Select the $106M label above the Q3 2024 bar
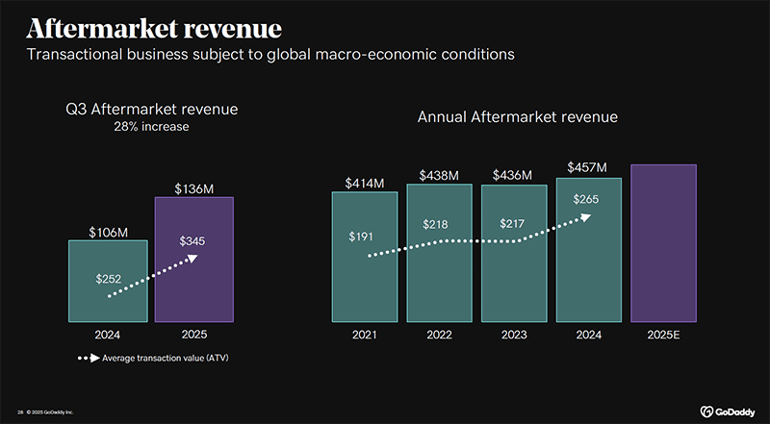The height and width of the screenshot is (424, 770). (107, 231)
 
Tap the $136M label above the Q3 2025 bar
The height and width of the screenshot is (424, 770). (193, 187)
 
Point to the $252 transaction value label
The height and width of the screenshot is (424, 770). (109, 279)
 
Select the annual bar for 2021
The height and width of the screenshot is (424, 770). (365, 256)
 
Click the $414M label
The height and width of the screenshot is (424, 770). (365, 182)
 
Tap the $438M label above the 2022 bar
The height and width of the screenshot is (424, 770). (439, 175)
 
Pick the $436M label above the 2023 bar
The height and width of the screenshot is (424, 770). (514, 176)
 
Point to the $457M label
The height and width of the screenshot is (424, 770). (587, 167)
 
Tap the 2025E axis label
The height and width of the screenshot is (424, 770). (663, 335)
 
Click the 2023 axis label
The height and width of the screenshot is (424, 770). (514, 335)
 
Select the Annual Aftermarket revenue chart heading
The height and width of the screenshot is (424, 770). (517, 117)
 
